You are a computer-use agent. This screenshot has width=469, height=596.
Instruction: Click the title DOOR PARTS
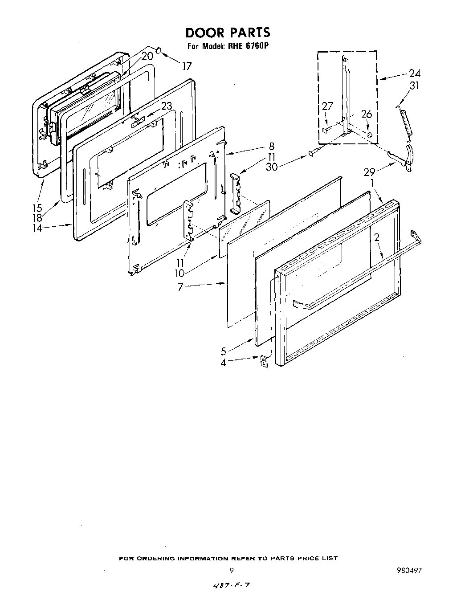pyautogui.click(x=228, y=33)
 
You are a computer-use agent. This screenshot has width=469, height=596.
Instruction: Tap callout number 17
pyautogui.click(x=187, y=66)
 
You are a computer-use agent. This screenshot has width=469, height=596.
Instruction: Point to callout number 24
pyautogui.click(x=415, y=73)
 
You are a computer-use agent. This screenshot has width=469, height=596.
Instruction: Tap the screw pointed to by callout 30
pyautogui.click(x=312, y=154)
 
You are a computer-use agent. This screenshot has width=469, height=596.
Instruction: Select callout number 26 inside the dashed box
pyautogui.click(x=366, y=114)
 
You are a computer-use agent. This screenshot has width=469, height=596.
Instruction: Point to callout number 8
pyautogui.click(x=271, y=147)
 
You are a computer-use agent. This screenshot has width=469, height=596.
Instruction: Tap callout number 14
pyautogui.click(x=37, y=228)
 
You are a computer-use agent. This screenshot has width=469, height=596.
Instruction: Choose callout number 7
pyautogui.click(x=180, y=287)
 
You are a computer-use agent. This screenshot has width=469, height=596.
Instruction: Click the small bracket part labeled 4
pyautogui.click(x=265, y=361)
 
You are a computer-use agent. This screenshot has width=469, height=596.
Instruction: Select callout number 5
pyautogui.click(x=224, y=351)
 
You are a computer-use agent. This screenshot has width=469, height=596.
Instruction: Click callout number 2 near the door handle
pyautogui.click(x=377, y=238)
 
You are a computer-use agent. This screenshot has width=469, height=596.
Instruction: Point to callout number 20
pyautogui.click(x=147, y=56)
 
